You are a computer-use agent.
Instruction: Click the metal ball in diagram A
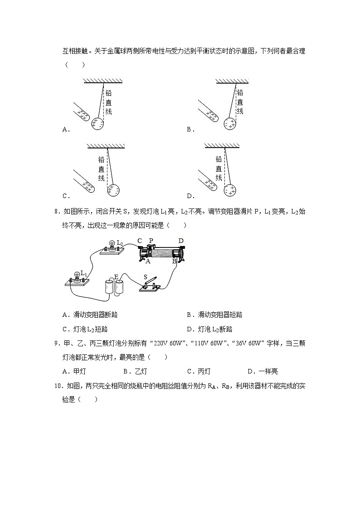click(97, 123)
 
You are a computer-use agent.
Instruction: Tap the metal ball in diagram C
click(113, 190)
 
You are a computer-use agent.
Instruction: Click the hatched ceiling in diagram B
click(232, 81)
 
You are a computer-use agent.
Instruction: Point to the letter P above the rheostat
click(151, 241)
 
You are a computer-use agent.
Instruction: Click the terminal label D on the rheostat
click(181, 240)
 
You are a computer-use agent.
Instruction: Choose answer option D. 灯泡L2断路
click(209, 329)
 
